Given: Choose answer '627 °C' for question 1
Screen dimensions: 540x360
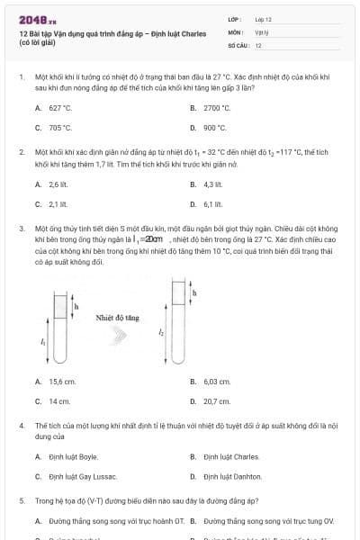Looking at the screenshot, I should click(60, 107).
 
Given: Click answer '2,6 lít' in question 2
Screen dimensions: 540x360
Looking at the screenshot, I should click(58, 184).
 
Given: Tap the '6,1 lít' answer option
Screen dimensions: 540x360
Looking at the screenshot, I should click(212, 204).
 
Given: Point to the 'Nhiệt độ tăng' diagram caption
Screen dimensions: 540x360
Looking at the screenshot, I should click(118, 318).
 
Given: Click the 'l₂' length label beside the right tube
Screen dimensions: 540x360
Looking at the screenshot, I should click(161, 333).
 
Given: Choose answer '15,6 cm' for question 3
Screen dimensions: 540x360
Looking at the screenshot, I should click(61, 382).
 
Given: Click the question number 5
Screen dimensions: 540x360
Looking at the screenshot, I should click(21, 499).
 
